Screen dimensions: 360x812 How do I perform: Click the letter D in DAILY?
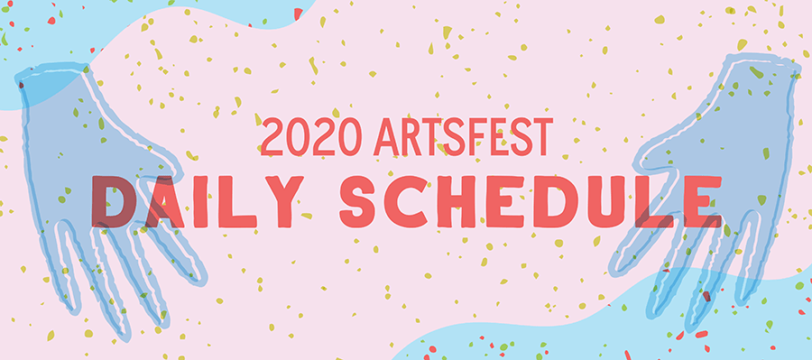(x=112, y=199)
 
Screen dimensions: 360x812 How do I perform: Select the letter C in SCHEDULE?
(x=411, y=199)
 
